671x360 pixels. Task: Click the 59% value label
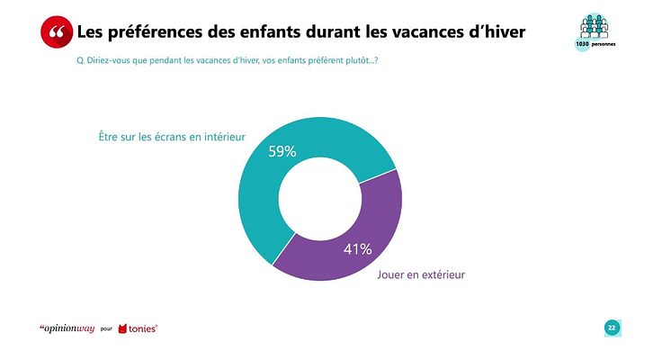(x=282, y=152)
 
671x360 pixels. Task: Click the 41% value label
(x=358, y=249)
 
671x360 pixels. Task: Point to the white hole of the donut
(x=320, y=199)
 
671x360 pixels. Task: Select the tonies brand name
(x=145, y=328)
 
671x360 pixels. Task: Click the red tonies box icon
(x=123, y=328)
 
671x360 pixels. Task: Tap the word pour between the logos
(x=105, y=329)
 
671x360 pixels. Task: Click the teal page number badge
(x=612, y=328)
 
